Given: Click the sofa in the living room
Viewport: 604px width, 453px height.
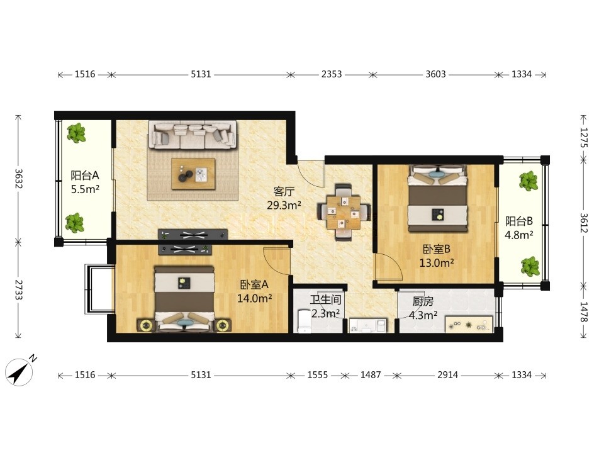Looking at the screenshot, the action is click(193, 135).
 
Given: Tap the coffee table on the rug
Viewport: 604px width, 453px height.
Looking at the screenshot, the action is click(193, 174).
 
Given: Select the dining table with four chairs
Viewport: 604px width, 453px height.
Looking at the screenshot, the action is click(344, 212).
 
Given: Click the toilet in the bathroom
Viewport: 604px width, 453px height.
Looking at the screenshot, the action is click(304, 321).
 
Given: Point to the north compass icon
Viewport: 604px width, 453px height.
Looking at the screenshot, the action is click(20, 371).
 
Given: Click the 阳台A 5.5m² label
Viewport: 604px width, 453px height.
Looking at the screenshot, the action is click(85, 182).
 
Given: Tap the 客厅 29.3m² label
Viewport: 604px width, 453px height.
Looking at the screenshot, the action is click(284, 198).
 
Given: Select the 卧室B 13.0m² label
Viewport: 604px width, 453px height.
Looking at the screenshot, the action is click(437, 256).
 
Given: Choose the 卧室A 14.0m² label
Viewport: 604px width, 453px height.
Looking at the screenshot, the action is click(255, 291).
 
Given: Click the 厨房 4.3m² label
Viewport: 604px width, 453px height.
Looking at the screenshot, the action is click(423, 308).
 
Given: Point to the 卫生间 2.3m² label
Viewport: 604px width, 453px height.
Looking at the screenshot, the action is click(325, 306).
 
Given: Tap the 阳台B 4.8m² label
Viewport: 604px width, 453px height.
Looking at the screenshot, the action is click(519, 228).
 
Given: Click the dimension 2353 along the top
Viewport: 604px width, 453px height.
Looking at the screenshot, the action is click(332, 74).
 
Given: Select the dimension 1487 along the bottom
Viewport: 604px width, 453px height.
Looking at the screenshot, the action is click(371, 375).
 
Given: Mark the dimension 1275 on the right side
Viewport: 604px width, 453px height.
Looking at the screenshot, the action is click(584, 138).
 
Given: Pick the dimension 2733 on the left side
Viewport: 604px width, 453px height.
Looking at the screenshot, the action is click(18, 289).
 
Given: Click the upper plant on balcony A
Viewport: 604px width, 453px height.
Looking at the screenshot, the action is click(76, 133).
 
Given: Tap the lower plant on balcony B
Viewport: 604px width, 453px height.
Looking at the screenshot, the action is click(530, 266).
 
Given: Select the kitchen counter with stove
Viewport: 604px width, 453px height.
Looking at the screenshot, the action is click(469, 324).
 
